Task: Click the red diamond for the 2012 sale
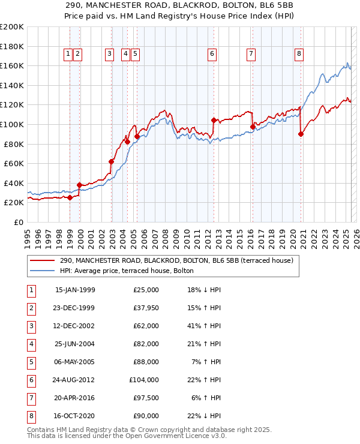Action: [214, 120]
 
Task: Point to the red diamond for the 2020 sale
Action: [301, 134]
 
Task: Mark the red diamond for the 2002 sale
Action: [112, 161]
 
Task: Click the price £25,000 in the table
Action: [145, 290]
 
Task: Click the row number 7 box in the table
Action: [30, 398]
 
